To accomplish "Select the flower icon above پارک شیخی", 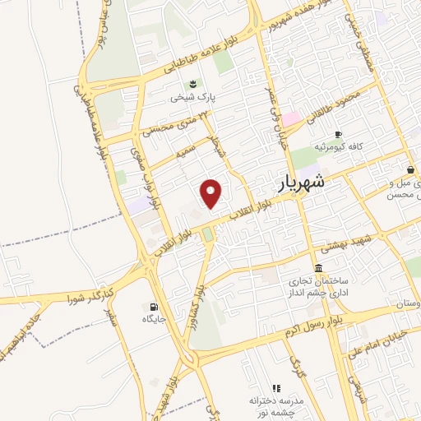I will coord(192,83).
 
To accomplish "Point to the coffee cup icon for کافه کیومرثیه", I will coord(337,134).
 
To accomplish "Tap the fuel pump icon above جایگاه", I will coord(154,306).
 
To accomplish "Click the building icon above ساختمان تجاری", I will coord(318,269).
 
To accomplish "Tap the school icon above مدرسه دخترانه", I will coord(277,387).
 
